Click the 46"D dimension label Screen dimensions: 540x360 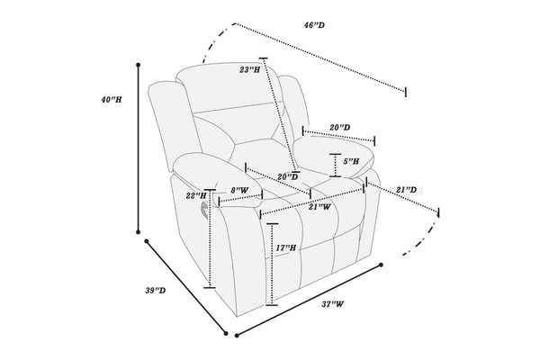314,25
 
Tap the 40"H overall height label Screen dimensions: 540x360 112,100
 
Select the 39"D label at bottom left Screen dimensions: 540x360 156,291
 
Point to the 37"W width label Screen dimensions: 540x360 333,304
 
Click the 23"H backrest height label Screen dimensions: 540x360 250,70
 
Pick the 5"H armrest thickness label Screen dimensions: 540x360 351,161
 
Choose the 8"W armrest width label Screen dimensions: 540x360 239,190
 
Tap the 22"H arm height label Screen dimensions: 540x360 196,196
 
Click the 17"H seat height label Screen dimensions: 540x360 286,247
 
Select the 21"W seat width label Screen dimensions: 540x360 319,207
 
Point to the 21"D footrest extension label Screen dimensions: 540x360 407,190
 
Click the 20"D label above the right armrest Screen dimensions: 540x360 340,128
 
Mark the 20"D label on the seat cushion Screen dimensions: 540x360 288,177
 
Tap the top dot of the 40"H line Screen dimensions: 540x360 139,65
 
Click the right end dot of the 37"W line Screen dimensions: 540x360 381,265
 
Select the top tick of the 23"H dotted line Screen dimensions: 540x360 264,58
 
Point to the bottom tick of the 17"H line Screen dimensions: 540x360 272,305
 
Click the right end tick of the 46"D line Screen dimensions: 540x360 406,92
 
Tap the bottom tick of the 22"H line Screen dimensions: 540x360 210,287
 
